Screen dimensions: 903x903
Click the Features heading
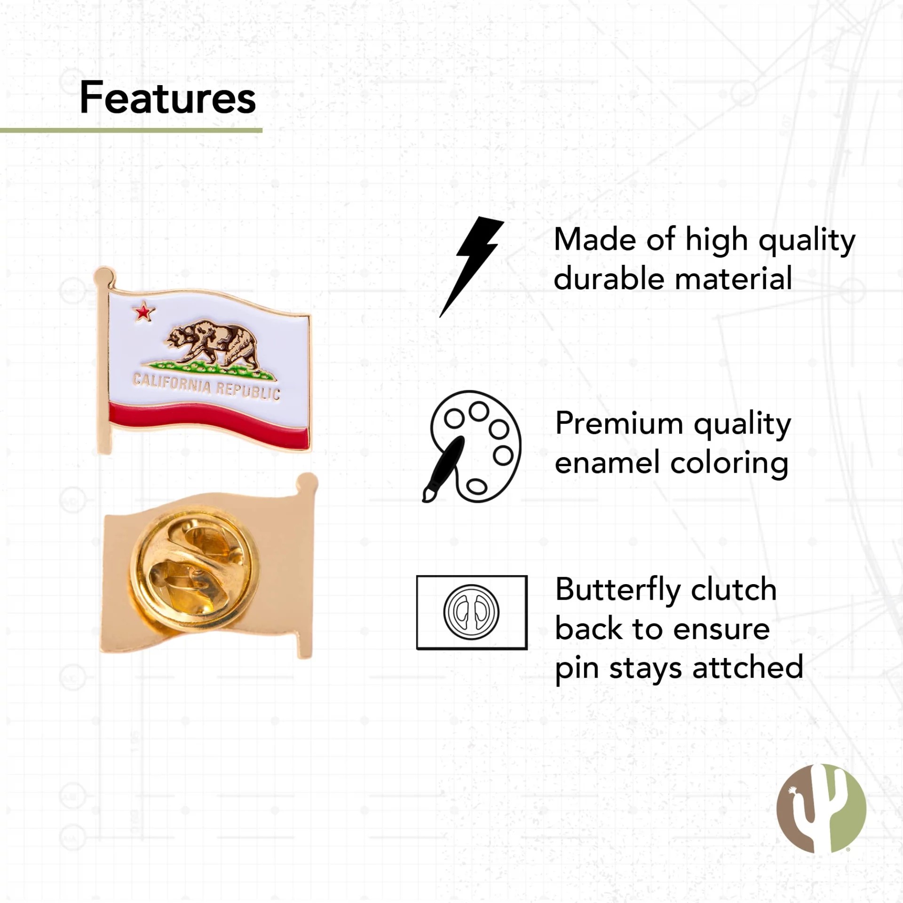[x=168, y=97]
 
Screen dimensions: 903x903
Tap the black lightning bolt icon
[x=472, y=267]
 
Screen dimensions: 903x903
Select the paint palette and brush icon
[x=472, y=446]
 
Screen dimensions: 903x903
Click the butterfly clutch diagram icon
[x=472, y=612]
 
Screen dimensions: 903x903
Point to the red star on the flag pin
[x=143, y=312]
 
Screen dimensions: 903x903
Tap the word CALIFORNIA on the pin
[x=172, y=383]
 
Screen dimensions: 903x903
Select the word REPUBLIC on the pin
[x=248, y=391]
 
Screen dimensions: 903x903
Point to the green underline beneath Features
[x=131, y=130]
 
